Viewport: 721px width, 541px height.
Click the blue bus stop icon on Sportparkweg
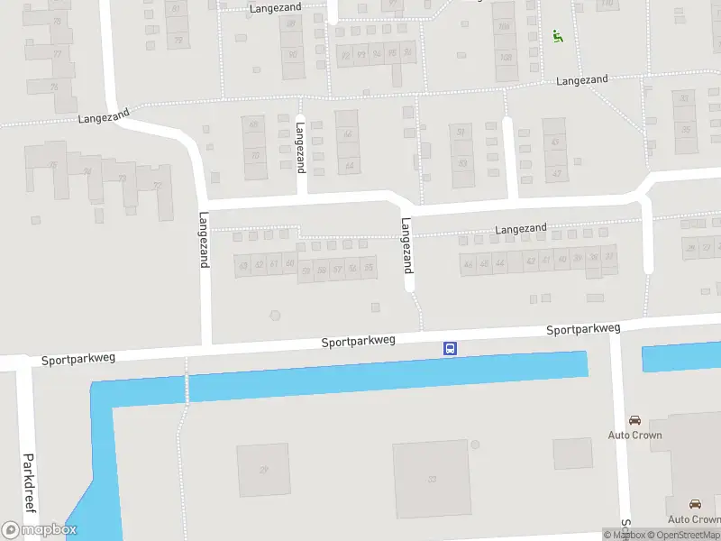pyautogui.click(x=449, y=349)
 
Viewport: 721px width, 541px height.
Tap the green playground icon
pyautogui.click(x=557, y=37)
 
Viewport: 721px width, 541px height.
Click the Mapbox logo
pyautogui.click(x=40, y=530)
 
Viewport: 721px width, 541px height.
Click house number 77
pyautogui.click(x=58, y=53)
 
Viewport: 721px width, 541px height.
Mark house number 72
pyautogui.click(x=159, y=187)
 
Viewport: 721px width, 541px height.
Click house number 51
pyautogui.click(x=461, y=133)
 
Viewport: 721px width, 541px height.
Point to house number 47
pyautogui.click(x=555, y=142)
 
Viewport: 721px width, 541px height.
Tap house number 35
pyautogui.click(x=685, y=129)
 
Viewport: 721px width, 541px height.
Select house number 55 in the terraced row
pyautogui.click(x=368, y=269)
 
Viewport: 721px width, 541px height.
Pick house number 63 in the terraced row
pyautogui.click(x=242, y=265)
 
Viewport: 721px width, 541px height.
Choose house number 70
pyautogui.click(x=254, y=155)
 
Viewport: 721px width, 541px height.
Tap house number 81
pyautogui.click(x=176, y=9)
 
